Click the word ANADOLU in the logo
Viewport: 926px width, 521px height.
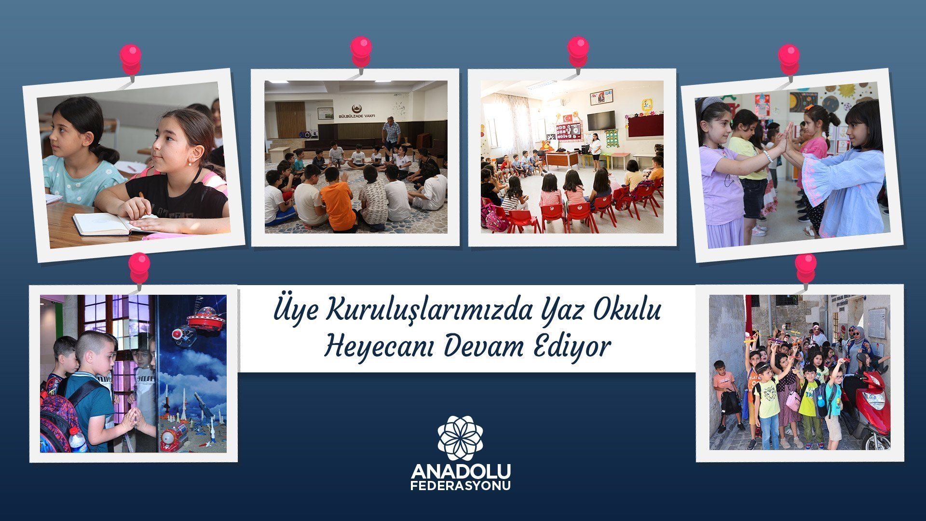(461, 471)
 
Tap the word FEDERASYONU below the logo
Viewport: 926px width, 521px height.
(461, 486)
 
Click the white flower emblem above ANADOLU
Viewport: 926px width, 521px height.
(461, 438)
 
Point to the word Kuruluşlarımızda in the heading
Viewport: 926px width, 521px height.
(430, 310)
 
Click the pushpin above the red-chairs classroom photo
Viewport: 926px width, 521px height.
(578, 52)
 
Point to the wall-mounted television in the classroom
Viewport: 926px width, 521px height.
(601, 120)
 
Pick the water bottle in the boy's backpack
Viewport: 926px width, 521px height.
(77, 439)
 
